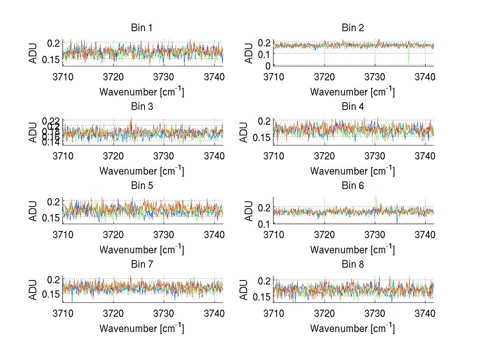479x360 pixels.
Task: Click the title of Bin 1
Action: click(142, 28)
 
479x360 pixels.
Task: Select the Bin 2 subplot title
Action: click(352, 28)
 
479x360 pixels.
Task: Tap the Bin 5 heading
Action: click(142, 186)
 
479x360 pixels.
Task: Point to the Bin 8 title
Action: click(352, 265)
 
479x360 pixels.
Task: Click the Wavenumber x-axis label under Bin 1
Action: click(142, 92)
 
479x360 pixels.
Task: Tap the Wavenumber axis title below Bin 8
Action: click(352, 328)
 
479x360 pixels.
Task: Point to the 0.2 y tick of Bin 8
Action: click(264, 280)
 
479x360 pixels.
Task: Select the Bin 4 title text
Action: click(352, 107)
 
